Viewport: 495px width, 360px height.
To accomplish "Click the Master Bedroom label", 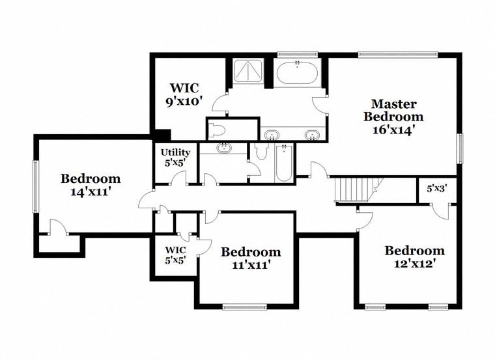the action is point(393,110).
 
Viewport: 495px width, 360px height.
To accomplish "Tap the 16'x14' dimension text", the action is point(393,130).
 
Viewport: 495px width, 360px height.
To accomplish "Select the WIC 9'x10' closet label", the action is point(184,94).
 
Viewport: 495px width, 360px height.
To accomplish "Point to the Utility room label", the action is point(175,152).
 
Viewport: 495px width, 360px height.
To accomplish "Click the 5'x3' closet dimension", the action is point(437,189).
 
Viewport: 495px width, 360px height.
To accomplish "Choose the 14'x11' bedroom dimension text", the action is point(91,192).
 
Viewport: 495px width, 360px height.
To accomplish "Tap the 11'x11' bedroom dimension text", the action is point(251,265).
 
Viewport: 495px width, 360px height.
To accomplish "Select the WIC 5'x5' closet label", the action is point(175,255).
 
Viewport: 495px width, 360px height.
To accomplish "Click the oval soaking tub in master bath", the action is point(296,73).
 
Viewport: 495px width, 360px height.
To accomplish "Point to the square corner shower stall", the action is point(247,71).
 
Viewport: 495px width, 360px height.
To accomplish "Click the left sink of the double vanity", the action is point(272,135).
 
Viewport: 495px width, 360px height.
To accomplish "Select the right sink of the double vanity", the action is point(312,135).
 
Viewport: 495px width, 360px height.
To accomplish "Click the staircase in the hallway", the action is point(359,189).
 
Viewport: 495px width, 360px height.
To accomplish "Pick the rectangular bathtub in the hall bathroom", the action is point(284,163).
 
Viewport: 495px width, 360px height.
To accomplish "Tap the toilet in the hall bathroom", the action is point(261,151).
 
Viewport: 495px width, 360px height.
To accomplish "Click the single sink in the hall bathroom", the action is point(224,148).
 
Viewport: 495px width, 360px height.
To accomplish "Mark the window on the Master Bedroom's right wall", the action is point(460,148).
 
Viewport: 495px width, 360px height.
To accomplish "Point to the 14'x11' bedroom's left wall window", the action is point(36,186).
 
